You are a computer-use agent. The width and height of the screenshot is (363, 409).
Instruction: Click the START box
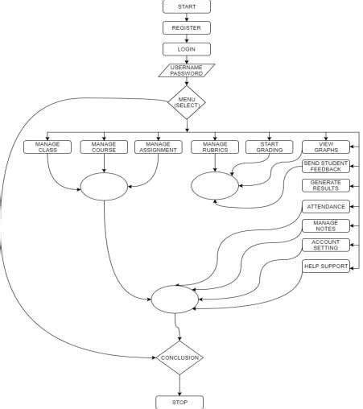click(x=187, y=6)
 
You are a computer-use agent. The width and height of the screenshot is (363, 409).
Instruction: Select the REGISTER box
click(x=187, y=27)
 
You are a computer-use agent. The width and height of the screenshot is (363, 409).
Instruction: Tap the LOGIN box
click(x=187, y=48)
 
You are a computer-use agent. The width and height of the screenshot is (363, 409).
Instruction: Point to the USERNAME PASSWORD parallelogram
click(x=187, y=70)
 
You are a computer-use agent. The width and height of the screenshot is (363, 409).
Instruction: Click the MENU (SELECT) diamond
click(x=187, y=102)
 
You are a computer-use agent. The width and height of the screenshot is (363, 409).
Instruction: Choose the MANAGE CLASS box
click(x=47, y=147)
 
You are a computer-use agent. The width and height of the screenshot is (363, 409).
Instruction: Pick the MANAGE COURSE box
click(x=104, y=147)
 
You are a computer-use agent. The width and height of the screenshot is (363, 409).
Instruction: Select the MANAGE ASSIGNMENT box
click(x=158, y=147)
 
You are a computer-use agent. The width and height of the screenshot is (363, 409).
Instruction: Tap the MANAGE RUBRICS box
click(x=215, y=147)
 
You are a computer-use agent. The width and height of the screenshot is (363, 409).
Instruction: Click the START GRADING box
click(x=270, y=147)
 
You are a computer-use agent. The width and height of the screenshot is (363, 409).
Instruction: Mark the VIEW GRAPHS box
click(x=326, y=147)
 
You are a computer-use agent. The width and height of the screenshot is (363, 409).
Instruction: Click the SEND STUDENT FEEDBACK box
click(x=326, y=166)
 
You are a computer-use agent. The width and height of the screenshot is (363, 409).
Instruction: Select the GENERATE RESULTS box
click(x=326, y=185)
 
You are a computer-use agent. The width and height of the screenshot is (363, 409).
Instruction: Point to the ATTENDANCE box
click(x=326, y=207)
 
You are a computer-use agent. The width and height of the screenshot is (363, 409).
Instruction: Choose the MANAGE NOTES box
click(x=326, y=225)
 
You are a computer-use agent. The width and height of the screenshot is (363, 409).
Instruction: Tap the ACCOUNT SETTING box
click(x=326, y=245)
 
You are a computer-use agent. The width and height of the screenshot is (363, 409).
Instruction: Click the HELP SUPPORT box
click(x=326, y=266)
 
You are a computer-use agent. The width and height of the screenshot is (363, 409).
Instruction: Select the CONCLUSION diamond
click(x=179, y=357)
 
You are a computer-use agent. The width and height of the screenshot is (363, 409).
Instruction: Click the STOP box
click(x=179, y=400)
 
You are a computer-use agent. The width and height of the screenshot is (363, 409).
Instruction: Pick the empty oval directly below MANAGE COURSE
click(x=104, y=188)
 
